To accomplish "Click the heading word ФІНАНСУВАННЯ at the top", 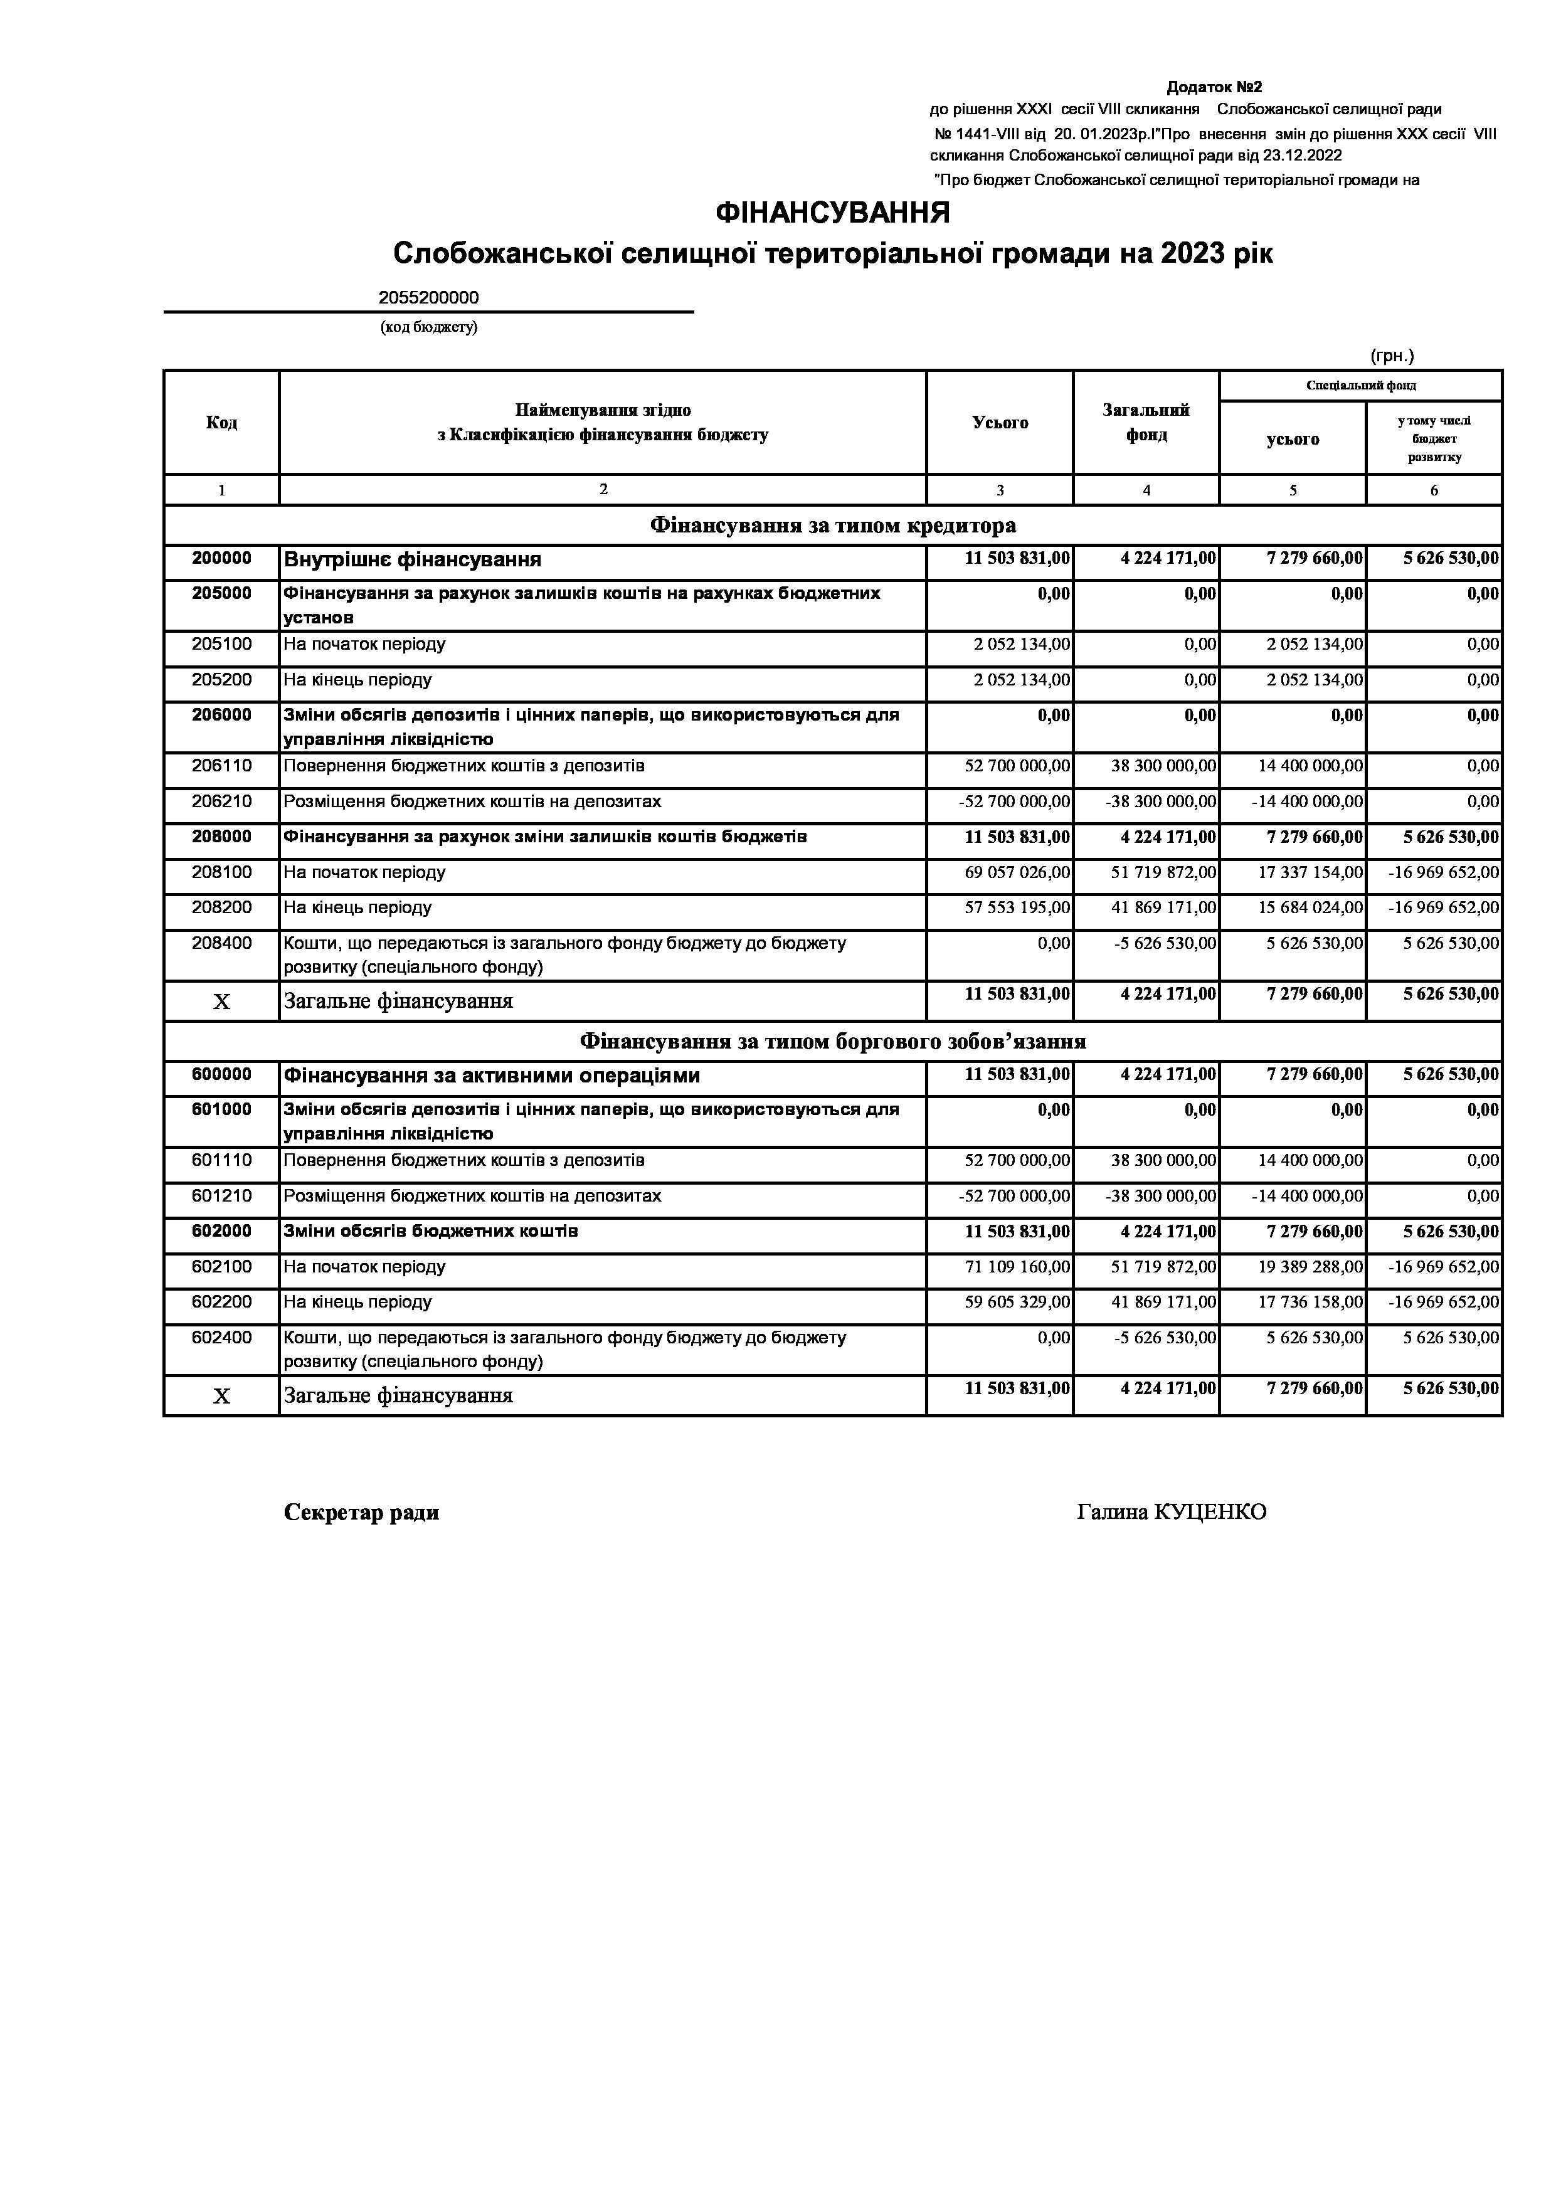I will click(x=833, y=213).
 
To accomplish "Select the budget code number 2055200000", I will click(x=428, y=298).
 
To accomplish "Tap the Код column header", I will click(x=221, y=423).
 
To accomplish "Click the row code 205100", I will click(x=221, y=645).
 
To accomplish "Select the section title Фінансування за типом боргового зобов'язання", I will click(x=833, y=1042).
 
